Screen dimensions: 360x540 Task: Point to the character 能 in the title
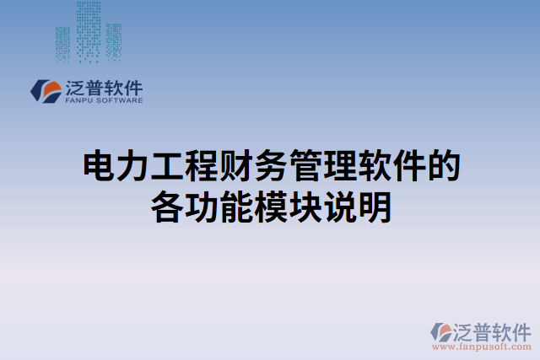pos(236,207)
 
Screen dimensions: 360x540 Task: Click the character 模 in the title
pos(270,207)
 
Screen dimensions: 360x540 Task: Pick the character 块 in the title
pos(305,207)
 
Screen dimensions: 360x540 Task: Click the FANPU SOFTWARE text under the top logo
pos(103,99)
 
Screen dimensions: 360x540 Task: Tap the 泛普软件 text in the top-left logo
pos(103,86)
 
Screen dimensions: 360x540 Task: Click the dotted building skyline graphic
pos(88,32)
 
